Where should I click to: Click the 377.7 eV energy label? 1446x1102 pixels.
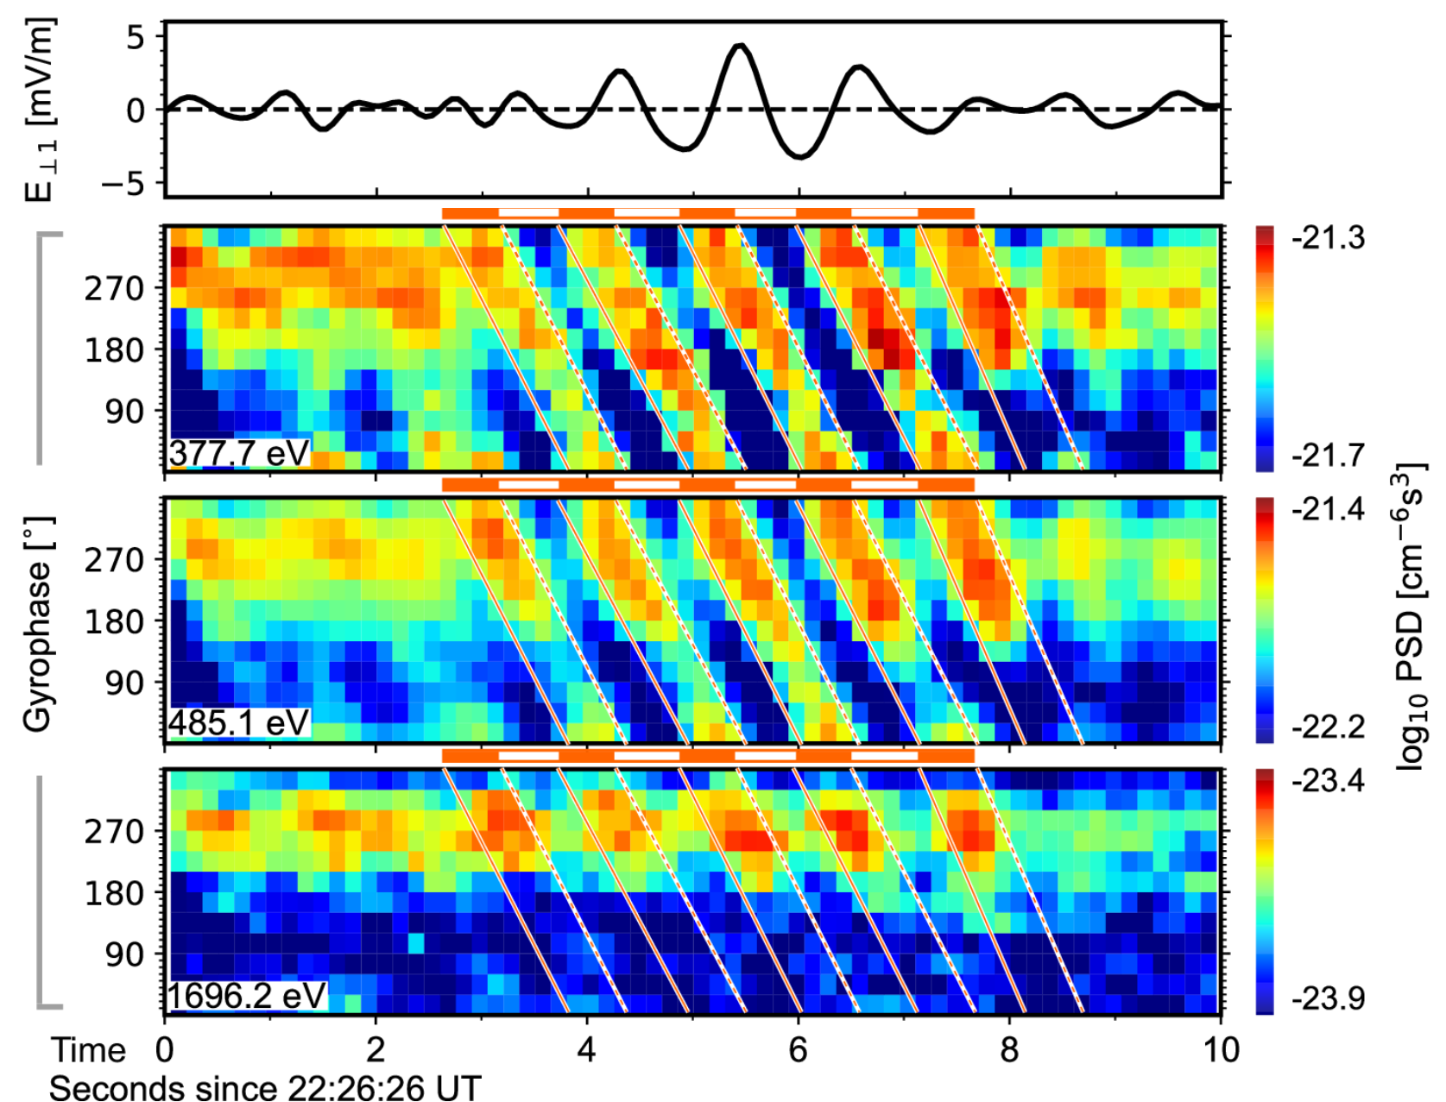click(238, 453)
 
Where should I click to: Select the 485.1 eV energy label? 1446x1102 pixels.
click(238, 723)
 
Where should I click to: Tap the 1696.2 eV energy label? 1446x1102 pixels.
click(247, 995)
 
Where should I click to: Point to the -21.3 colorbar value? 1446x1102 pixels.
click(1328, 237)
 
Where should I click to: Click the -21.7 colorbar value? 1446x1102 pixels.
click(1328, 456)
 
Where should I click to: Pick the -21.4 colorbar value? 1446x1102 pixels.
click(1328, 509)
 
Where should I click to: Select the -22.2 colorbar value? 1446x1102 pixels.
click(1328, 727)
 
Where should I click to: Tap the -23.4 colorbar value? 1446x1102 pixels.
click(1328, 781)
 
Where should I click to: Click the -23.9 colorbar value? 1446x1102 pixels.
click(1328, 998)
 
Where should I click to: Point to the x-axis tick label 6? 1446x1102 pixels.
click(799, 1049)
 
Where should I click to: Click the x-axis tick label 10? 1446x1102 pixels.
click(1221, 1049)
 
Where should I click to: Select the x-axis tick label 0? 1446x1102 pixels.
click(165, 1049)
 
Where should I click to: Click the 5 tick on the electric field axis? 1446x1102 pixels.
click(135, 37)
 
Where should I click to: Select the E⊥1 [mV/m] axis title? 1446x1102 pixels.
click(40, 110)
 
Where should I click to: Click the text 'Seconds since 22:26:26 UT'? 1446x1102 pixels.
click(266, 1087)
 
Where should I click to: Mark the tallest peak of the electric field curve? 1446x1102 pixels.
click(741, 45)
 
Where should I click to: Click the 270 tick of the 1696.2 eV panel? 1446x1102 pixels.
click(114, 831)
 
